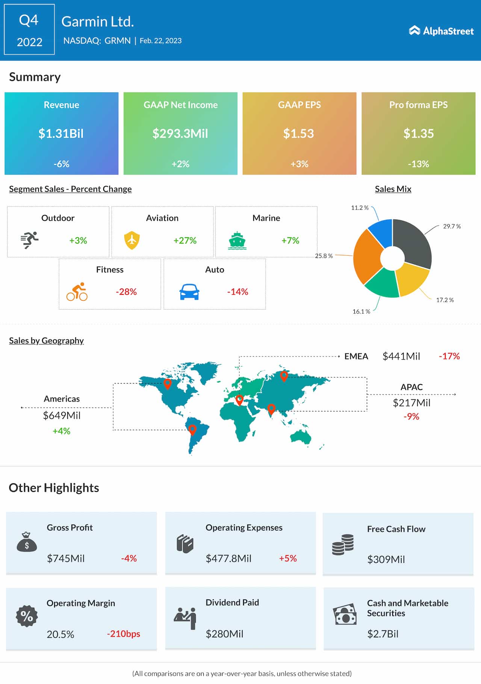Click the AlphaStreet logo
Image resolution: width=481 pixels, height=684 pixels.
click(x=441, y=31)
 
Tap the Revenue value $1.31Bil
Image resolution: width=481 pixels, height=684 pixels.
click(x=61, y=133)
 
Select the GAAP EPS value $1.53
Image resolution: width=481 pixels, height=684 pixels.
click(x=298, y=133)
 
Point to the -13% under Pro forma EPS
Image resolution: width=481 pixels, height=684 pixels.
click(x=418, y=164)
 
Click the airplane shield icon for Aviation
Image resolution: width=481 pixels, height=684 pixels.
click(x=132, y=240)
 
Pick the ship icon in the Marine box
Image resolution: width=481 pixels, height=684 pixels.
click(x=237, y=241)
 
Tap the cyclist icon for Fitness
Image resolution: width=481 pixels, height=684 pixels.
click(x=77, y=292)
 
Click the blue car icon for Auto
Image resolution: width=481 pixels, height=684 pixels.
click(x=189, y=292)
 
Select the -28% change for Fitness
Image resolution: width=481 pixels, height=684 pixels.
click(x=126, y=292)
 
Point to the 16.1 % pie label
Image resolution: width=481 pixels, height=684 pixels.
click(x=361, y=311)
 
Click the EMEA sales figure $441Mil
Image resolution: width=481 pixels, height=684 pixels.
click(x=401, y=356)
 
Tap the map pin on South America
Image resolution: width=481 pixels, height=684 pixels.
click(x=192, y=429)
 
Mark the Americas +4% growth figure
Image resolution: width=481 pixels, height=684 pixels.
click(x=62, y=431)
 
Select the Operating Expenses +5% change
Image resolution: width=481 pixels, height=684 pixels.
click(x=288, y=558)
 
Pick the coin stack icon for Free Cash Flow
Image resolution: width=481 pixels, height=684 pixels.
click(x=343, y=544)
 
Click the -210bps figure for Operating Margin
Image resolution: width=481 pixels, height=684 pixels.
click(x=124, y=634)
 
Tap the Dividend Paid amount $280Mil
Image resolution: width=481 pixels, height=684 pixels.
click(x=224, y=634)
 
